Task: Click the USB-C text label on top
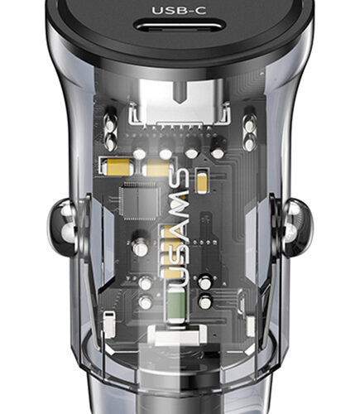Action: pyautogui.click(x=179, y=11)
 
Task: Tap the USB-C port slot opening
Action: pyautogui.click(x=180, y=26)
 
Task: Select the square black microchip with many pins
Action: pyautogui.click(x=140, y=201)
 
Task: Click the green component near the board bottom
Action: pyautogui.click(x=176, y=305)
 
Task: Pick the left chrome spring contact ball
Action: pyautogui.click(x=62, y=227)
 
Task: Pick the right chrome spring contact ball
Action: pyautogui.click(x=296, y=227)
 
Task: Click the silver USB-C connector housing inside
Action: pyautogui.click(x=180, y=102)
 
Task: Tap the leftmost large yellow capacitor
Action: pyautogui.click(x=118, y=167)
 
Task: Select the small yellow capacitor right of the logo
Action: pyautogui.click(x=202, y=181)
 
